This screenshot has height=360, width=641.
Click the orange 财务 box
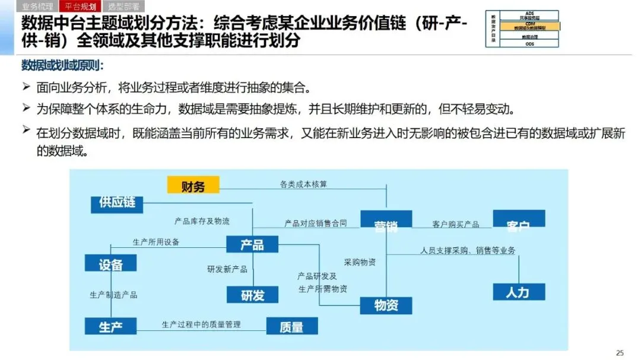tap(193, 186)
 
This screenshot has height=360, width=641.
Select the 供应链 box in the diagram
tap(117, 203)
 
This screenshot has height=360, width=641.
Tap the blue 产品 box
tap(252, 244)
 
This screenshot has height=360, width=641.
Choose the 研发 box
tap(252, 294)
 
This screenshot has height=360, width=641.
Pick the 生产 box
tap(110, 326)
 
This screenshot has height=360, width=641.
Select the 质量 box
tap(291, 326)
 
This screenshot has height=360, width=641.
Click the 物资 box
tap(386, 305)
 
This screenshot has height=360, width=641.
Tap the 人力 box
tap(518, 292)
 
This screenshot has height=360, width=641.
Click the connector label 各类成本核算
tap(303, 184)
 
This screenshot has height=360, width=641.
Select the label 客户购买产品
tap(456, 224)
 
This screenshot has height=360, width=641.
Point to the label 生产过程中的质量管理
tap(201, 324)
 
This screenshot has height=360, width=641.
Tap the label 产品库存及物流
tap(202, 221)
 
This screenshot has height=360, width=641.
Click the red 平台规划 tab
tap(81, 7)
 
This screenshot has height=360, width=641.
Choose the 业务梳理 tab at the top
tap(37, 7)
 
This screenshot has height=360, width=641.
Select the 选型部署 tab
tap(124, 7)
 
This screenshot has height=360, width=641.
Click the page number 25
tap(620, 353)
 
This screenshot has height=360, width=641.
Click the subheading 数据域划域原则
tap(62, 65)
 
